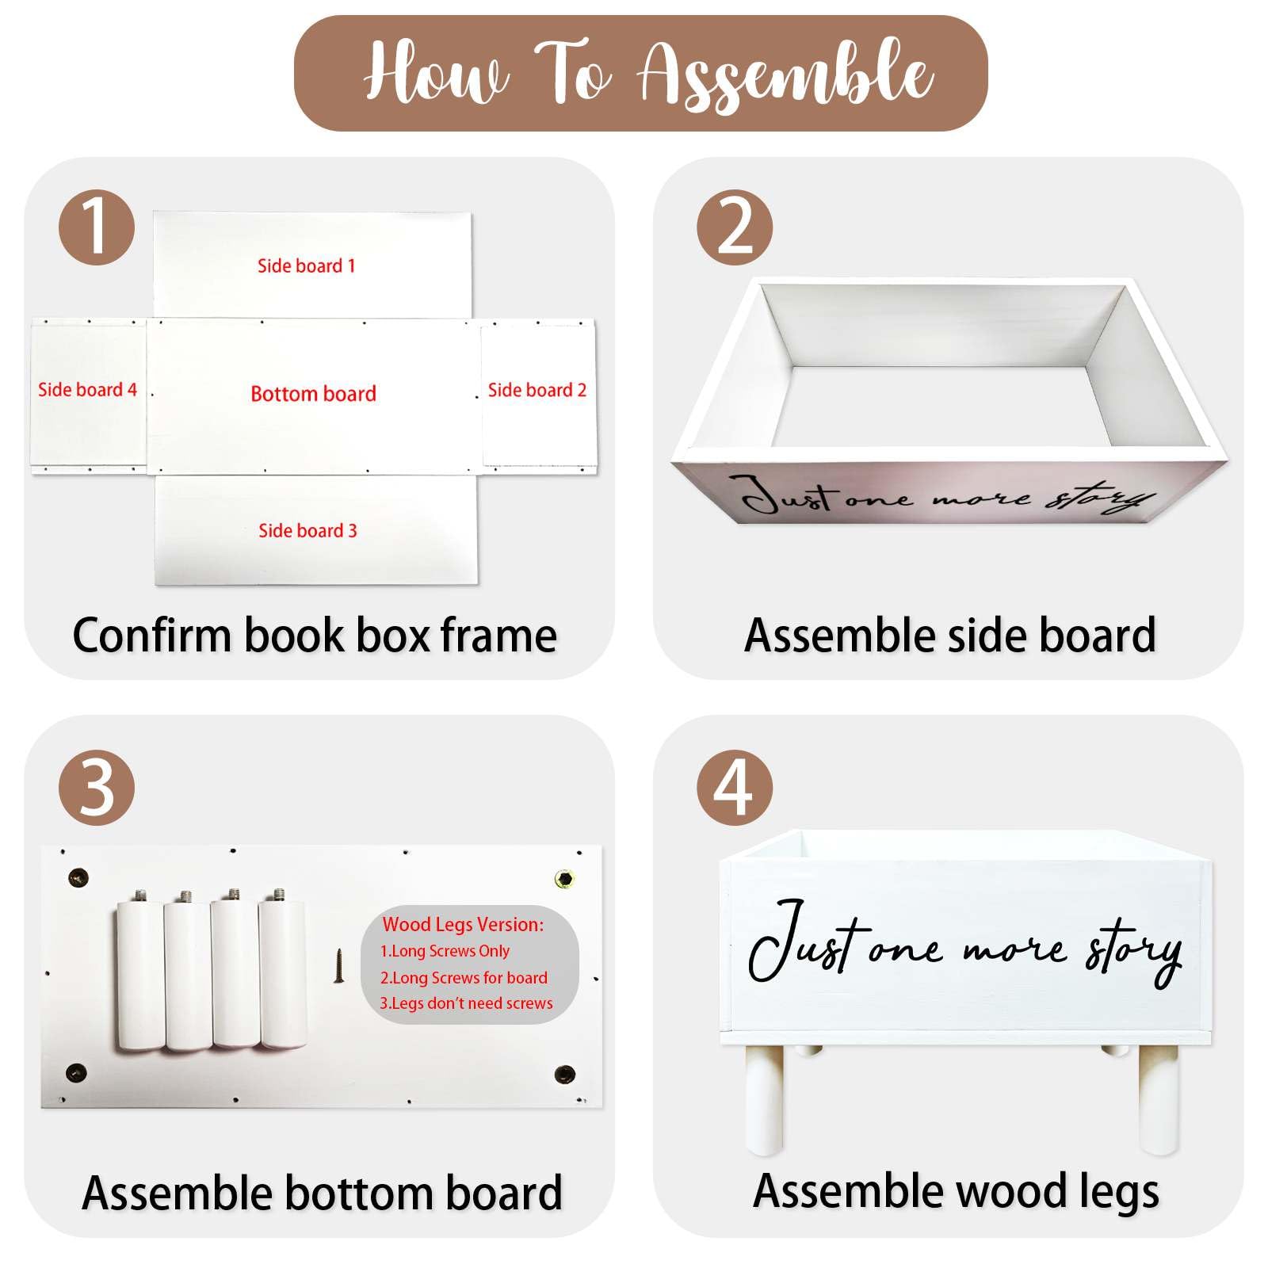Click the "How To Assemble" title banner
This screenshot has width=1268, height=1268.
[x=640, y=74]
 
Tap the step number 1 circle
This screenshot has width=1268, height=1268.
[x=97, y=227]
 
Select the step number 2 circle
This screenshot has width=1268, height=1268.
[x=735, y=227]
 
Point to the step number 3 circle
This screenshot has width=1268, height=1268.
[x=97, y=788]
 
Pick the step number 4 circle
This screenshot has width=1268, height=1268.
[x=735, y=788]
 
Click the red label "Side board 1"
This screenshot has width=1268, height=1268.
[x=307, y=265]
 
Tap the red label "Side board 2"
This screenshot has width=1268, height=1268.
[x=537, y=390]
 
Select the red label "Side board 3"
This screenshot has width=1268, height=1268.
[x=307, y=530]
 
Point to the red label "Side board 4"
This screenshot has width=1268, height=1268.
[x=87, y=389]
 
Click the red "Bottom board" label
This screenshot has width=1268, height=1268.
[x=313, y=394]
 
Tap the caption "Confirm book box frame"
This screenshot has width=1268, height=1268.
[x=315, y=635]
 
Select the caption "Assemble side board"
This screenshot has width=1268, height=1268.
[x=950, y=635]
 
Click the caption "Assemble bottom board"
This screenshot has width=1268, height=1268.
[x=323, y=1193]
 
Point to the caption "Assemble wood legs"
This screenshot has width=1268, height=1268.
[x=956, y=1191]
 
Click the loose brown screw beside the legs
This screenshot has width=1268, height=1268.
[x=340, y=966]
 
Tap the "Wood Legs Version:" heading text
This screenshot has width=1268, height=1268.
[x=464, y=924]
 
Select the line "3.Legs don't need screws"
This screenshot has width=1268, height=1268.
[x=466, y=1003]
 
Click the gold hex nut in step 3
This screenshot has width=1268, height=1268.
[x=564, y=879]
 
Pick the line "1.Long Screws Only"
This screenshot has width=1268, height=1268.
[x=445, y=951]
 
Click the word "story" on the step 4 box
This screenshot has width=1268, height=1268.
[x=1134, y=953]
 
